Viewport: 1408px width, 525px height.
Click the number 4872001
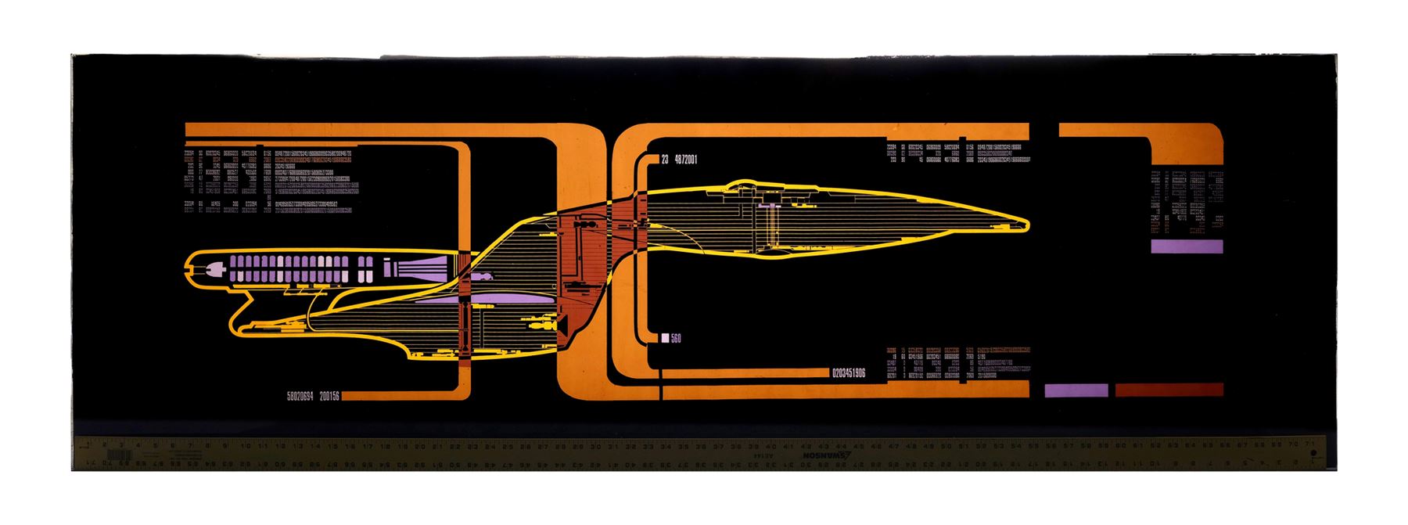tap(684, 160)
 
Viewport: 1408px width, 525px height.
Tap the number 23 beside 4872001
tap(665, 160)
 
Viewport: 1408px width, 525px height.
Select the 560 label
tap(676, 339)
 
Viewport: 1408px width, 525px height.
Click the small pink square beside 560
tap(665, 339)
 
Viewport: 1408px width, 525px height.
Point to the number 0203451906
tap(860, 373)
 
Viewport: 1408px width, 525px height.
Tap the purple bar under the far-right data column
tap(1186, 246)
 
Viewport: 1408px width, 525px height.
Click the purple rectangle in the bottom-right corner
tap(1076, 390)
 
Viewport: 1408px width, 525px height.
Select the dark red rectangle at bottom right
tap(1169, 390)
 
